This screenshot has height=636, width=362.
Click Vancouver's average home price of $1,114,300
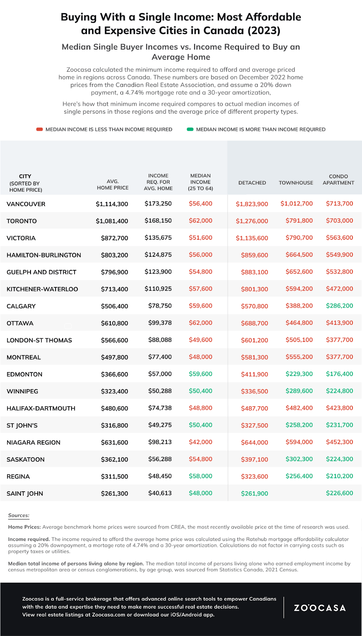coord(112,204)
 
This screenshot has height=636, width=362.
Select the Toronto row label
coord(22,221)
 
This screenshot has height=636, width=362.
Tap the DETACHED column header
coord(252,183)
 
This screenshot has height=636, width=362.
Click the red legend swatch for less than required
coord(39,129)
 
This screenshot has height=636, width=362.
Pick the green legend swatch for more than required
coord(190,129)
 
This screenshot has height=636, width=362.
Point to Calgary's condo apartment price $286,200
coord(339,306)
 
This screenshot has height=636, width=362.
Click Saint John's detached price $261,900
coord(254,493)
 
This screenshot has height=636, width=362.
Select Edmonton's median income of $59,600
coord(200,374)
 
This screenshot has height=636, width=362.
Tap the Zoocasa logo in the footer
coord(320,608)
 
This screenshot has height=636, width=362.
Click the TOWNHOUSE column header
coord(296,183)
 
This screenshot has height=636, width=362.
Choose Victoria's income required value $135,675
coord(158,238)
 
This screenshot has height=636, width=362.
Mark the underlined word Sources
coord(19,516)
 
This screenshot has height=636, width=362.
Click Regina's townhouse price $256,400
coord(299,476)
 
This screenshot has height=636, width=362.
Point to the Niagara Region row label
coord(34,442)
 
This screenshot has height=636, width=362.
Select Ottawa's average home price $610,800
coord(114,323)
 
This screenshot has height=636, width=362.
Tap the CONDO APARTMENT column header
coord(338,180)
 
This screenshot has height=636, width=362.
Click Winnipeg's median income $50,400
coord(200,391)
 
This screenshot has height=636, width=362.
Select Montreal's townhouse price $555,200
coord(299,357)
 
